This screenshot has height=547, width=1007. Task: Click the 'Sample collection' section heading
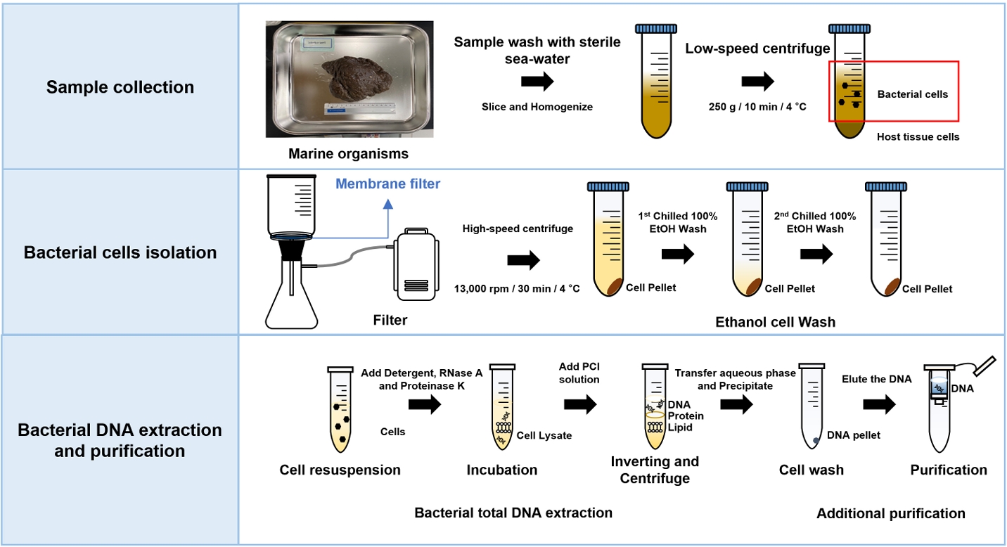[120, 87]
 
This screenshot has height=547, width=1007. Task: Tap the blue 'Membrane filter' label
[387, 184]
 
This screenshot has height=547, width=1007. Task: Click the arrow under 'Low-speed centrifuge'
[758, 82]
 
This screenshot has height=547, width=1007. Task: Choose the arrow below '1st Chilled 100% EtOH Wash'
[677, 255]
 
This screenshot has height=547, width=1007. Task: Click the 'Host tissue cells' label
[918, 136]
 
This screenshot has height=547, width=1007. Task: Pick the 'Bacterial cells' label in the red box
[912, 94]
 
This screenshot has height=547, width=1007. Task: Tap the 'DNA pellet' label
[853, 435]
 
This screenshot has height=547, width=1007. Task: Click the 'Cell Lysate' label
[544, 435]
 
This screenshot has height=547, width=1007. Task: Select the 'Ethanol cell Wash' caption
[775, 322]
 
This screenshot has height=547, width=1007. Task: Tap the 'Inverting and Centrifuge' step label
[655, 470]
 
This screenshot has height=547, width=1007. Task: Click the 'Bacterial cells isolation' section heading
[120, 252]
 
